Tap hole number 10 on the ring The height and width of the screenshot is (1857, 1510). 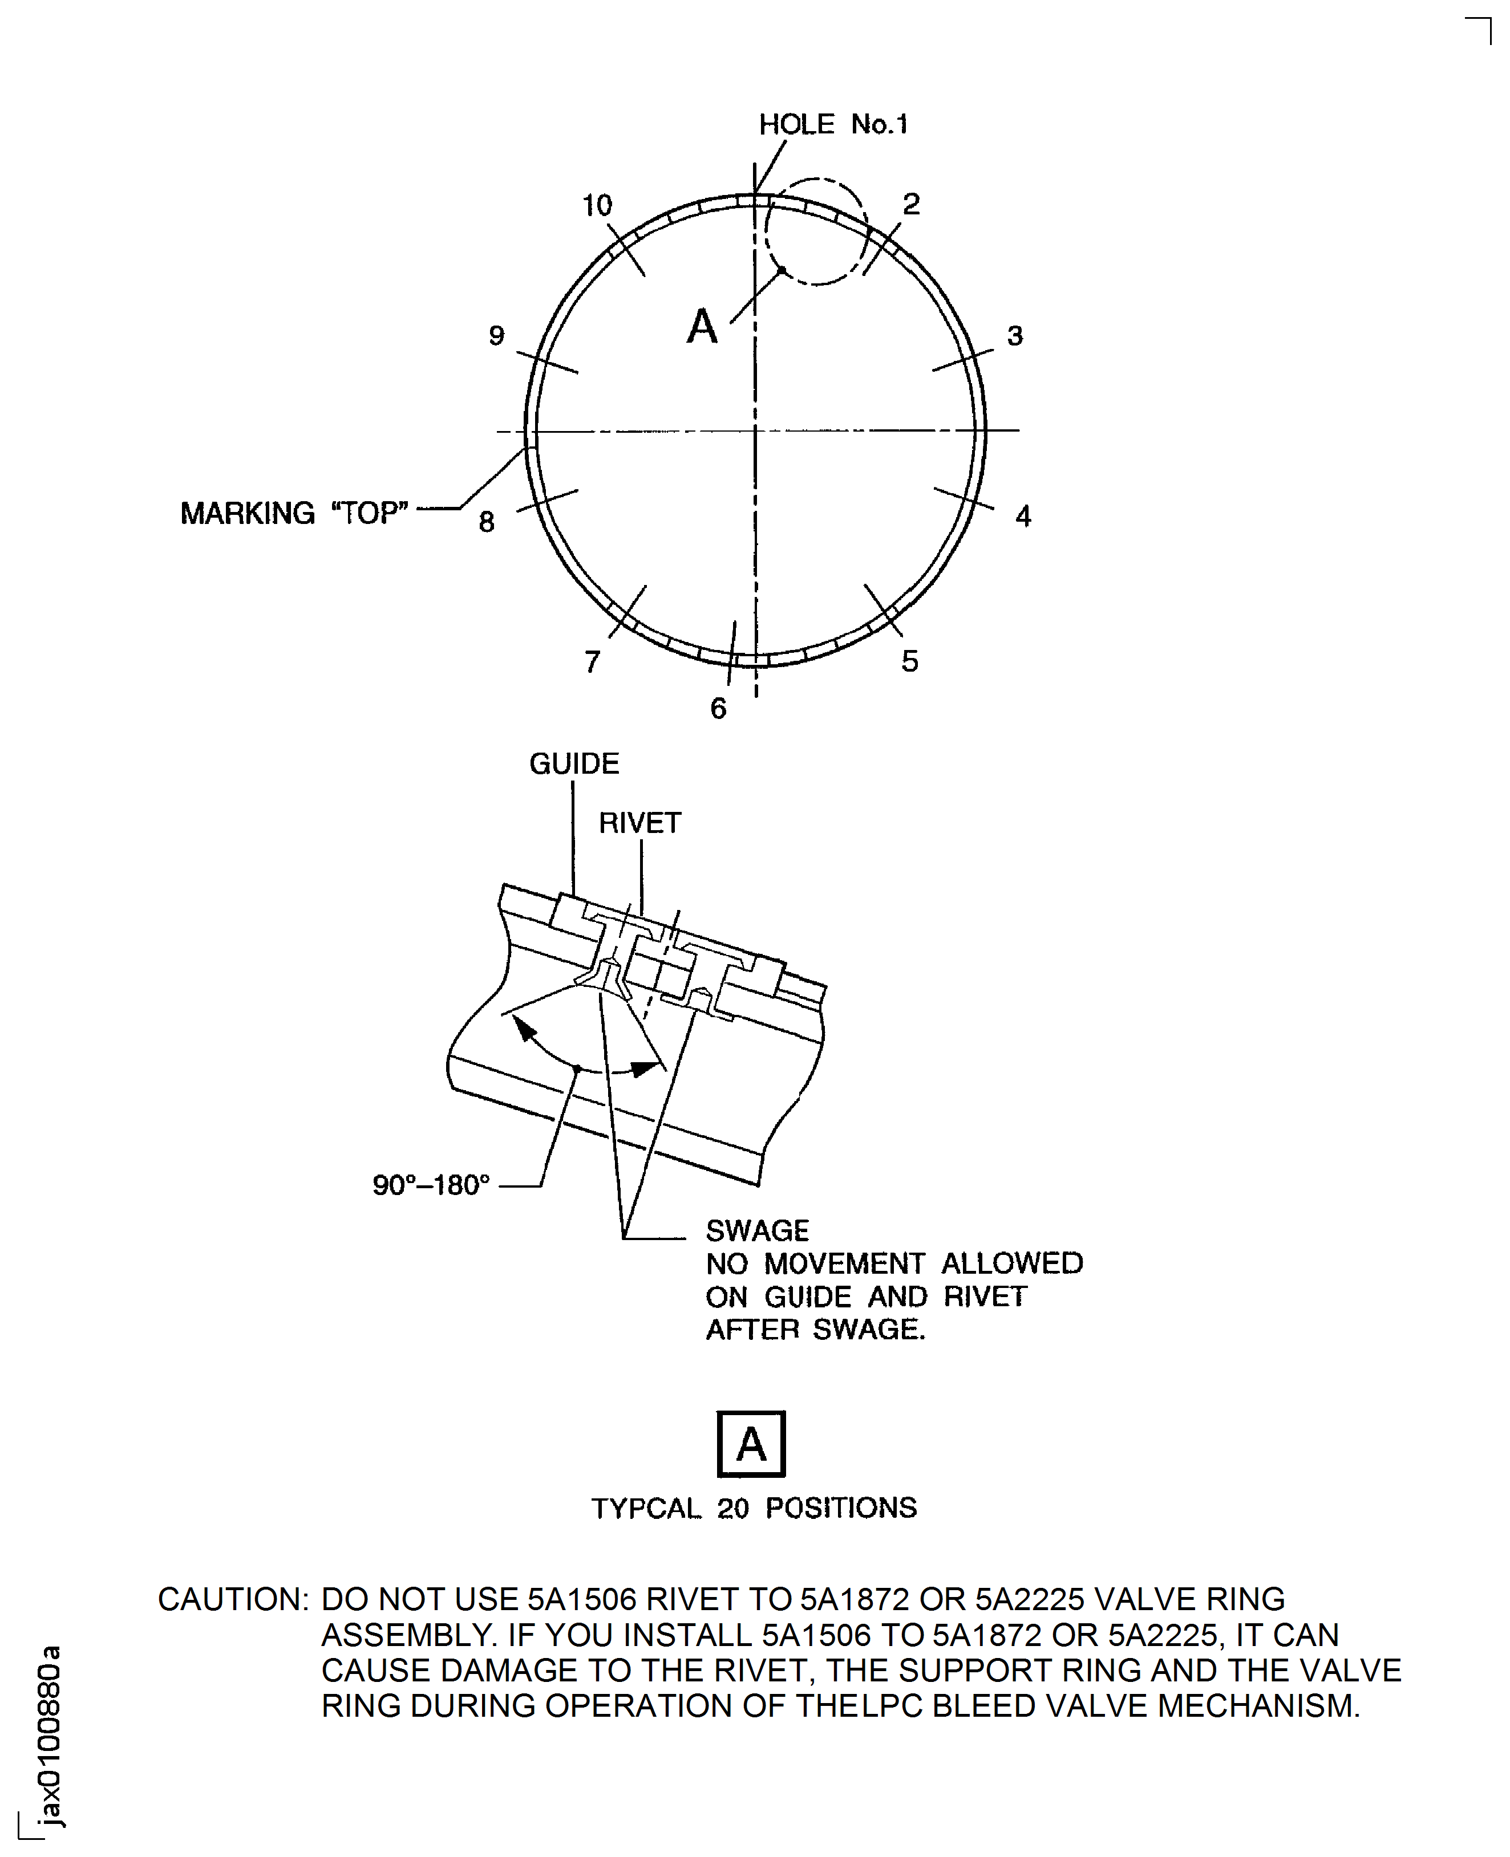click(x=597, y=206)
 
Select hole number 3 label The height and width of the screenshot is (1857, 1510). click(x=1014, y=336)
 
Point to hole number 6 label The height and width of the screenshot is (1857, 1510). click(x=718, y=709)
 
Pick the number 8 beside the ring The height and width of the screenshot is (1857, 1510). click(x=486, y=522)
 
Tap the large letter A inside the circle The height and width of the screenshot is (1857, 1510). click(x=702, y=327)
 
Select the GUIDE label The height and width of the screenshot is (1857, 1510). click(x=574, y=764)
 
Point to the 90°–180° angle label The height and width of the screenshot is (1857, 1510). click(x=431, y=1185)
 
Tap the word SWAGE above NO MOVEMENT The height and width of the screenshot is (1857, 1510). click(x=757, y=1231)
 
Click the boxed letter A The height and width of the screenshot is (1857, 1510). click(x=751, y=1444)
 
